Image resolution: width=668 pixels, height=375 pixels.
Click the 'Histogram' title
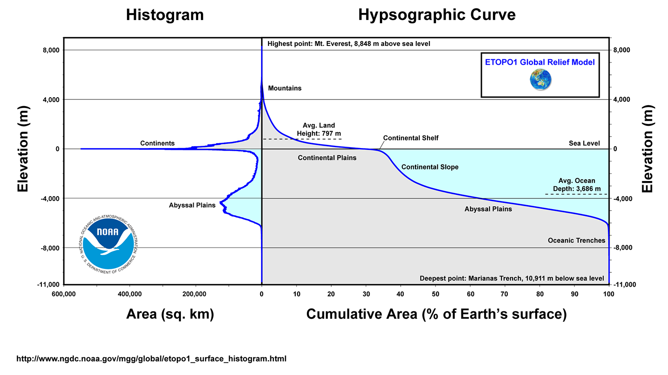(165, 15)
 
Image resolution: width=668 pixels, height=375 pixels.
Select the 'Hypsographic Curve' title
(436, 15)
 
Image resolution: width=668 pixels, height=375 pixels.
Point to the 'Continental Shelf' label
(411, 138)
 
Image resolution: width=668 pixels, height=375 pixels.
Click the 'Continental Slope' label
(430, 167)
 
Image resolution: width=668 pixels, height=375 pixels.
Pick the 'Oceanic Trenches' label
(576, 241)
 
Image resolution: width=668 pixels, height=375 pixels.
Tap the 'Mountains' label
(285, 88)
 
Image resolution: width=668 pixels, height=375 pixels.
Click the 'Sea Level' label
(584, 144)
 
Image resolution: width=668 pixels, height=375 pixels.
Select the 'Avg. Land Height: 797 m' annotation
(319, 130)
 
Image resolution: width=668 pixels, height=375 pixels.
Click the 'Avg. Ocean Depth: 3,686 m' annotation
(577, 185)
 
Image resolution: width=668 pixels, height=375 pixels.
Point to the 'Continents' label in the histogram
(157, 144)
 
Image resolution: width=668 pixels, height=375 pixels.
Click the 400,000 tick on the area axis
(130, 294)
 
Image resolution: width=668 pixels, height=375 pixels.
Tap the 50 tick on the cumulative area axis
(436, 294)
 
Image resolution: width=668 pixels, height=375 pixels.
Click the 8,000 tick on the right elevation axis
(622, 50)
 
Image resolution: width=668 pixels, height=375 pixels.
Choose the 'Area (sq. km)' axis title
(170, 314)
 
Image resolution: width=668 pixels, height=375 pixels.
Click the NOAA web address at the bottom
(151, 359)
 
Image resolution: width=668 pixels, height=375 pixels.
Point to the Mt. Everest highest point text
(349, 44)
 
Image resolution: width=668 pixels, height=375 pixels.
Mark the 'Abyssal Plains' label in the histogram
(192, 206)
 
